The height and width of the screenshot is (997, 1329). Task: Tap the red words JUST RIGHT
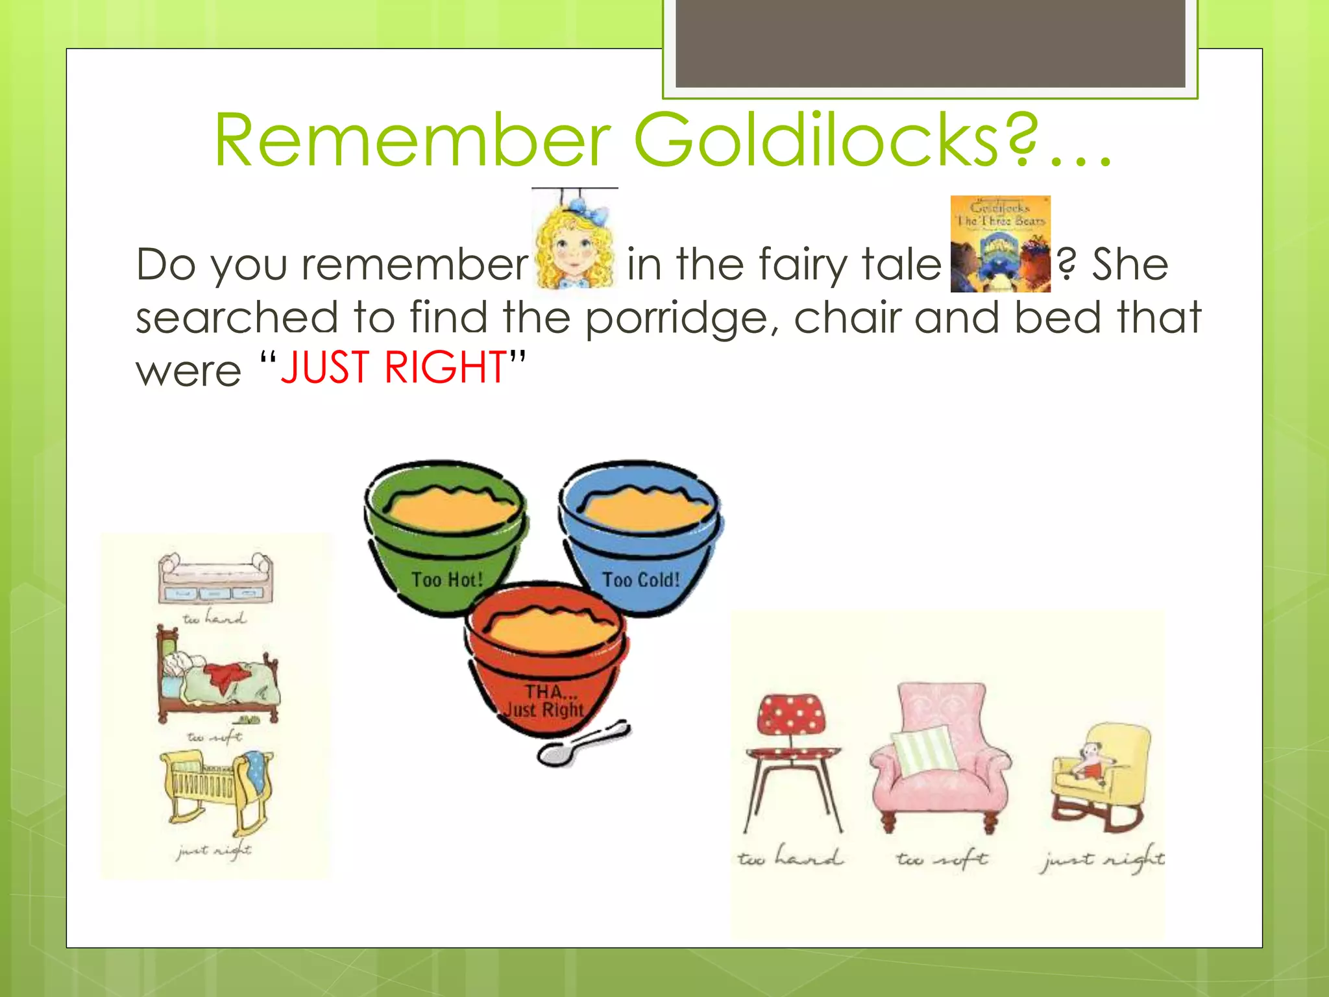click(393, 367)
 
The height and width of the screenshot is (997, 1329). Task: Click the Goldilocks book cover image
click(1000, 244)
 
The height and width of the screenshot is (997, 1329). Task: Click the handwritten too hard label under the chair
click(790, 858)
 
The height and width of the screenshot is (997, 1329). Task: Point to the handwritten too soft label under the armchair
click(942, 859)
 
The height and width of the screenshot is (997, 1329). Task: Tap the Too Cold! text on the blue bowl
click(641, 580)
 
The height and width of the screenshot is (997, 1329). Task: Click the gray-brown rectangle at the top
click(930, 43)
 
